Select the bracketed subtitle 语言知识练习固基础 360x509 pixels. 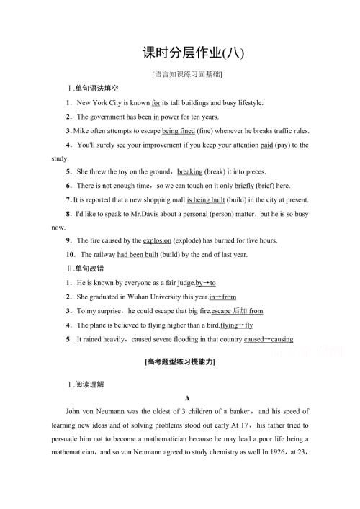pos(181,74)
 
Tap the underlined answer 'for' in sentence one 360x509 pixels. pos(156,103)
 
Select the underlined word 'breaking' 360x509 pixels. pos(189,172)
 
